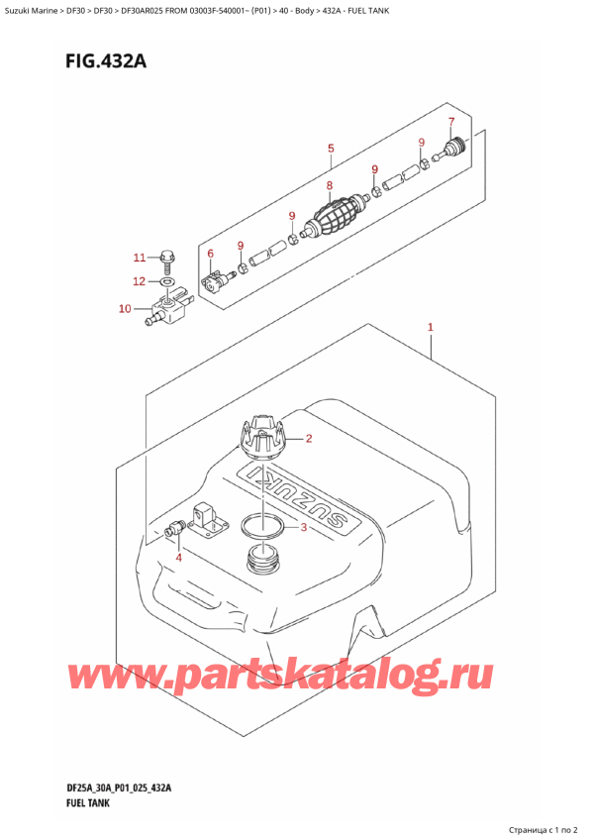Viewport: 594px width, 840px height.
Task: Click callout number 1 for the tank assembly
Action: [431, 327]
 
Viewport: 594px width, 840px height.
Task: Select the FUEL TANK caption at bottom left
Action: [76, 802]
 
